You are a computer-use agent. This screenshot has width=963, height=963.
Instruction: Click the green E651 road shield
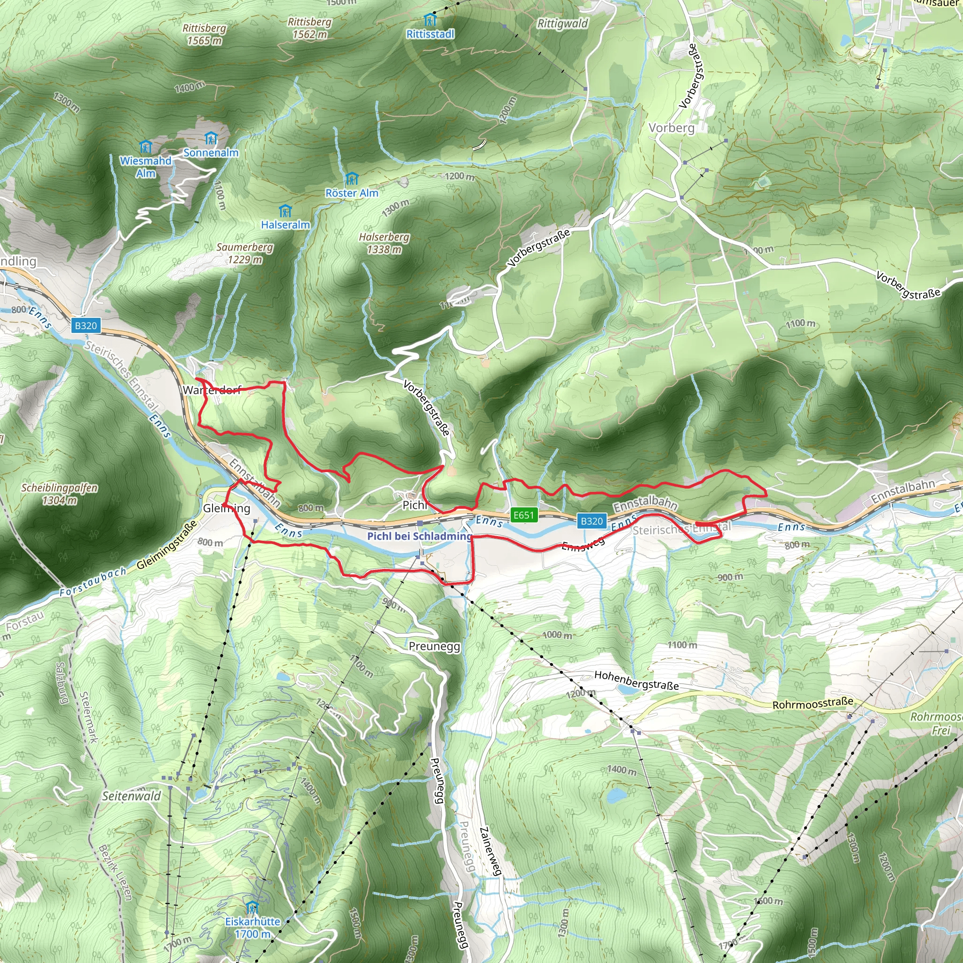coord(523,515)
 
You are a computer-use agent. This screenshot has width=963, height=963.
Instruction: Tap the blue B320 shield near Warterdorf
coord(86,325)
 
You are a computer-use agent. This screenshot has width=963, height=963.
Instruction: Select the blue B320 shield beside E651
coord(592,521)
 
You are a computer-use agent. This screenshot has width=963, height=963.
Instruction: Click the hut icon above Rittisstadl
coord(430,20)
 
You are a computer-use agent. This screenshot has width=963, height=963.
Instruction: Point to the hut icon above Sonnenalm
coord(211,138)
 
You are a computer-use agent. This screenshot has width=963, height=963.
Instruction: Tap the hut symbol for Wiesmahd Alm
coord(146,147)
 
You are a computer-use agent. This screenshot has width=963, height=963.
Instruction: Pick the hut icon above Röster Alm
coord(352,178)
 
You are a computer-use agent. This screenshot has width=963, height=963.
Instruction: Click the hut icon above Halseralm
coord(285,210)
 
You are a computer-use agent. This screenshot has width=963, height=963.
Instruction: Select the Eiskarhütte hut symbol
coord(252,907)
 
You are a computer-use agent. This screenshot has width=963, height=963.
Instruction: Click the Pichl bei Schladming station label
coord(419,537)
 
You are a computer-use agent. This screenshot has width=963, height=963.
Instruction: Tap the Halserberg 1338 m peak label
coord(384,243)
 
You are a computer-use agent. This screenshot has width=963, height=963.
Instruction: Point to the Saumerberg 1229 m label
coord(245,253)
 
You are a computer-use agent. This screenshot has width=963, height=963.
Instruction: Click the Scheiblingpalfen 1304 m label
coord(59,494)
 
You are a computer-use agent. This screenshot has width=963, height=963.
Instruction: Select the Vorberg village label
coord(671,128)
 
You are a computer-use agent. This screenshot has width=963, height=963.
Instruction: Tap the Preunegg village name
coord(434,647)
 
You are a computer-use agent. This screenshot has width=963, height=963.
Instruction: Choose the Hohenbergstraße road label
coord(637,680)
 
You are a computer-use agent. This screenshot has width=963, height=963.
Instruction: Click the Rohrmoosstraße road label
coord(813,704)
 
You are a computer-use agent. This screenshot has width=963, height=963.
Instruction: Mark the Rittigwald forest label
coord(563,24)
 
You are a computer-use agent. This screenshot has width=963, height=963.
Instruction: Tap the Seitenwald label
coord(132,796)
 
